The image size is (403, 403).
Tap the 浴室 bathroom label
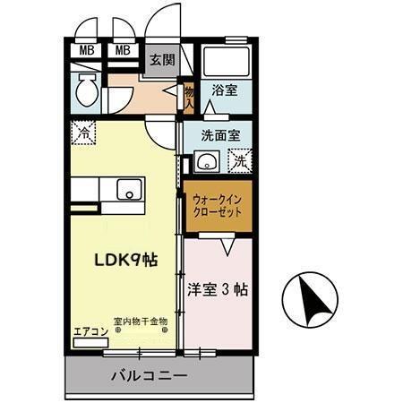point(224,91)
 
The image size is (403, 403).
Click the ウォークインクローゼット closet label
point(217,206)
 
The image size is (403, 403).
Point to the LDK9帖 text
point(126,260)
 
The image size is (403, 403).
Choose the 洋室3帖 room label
point(218,290)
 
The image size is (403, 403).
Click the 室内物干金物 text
point(141,322)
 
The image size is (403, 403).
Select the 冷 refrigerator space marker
point(81,130)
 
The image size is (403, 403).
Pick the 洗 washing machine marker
point(239,162)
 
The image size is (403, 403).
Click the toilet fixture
point(87,90)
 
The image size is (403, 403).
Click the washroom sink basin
point(207,163)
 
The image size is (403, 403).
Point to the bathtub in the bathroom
point(225,61)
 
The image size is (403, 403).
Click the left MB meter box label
point(87,49)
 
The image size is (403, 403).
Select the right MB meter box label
point(123,49)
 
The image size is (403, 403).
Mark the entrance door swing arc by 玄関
point(166,22)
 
